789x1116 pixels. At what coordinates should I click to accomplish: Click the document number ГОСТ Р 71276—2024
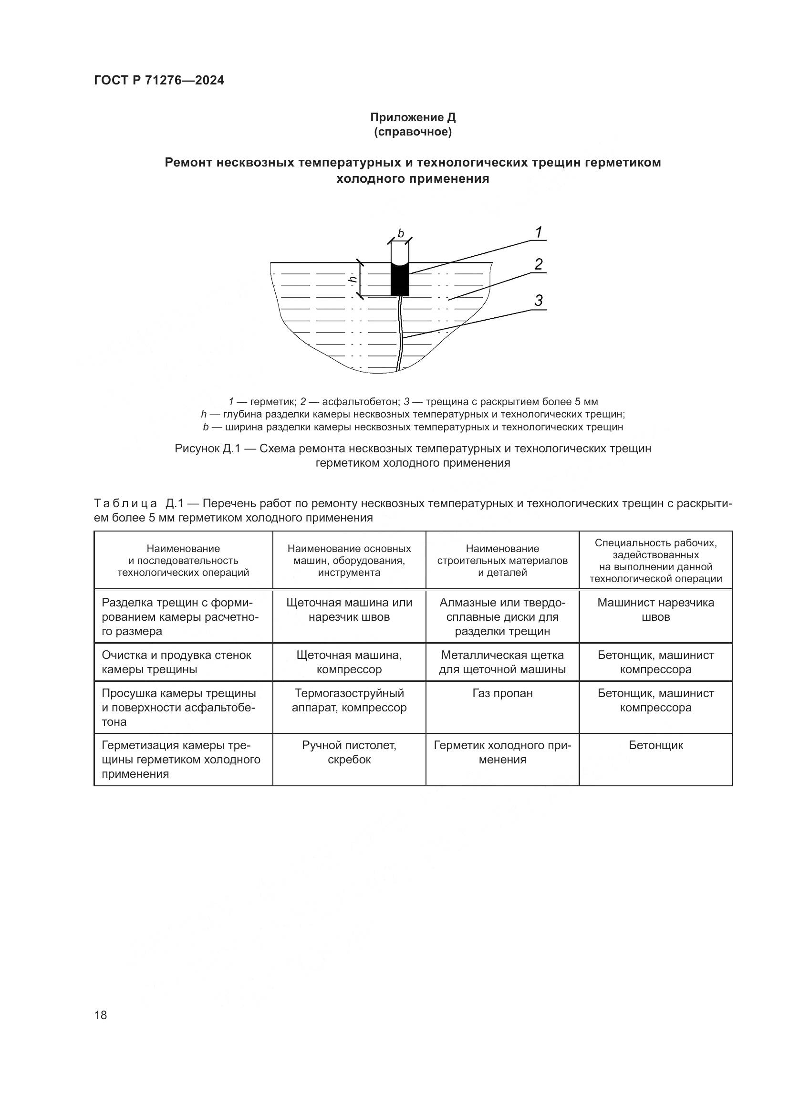[x=159, y=81]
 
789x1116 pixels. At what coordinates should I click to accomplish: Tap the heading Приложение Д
[x=413, y=117]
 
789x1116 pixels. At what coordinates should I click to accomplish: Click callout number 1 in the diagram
[x=538, y=233]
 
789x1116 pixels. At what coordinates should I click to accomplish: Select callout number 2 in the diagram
[x=538, y=264]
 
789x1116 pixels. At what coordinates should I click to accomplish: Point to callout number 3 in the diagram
[x=538, y=301]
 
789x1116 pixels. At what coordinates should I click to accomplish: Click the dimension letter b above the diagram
[x=401, y=234]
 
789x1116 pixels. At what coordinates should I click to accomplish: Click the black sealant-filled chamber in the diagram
[x=400, y=281]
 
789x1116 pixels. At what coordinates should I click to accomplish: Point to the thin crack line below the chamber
[x=400, y=335]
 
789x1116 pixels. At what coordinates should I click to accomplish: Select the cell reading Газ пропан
[x=502, y=693]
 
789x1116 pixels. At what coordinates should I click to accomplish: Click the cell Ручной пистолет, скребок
[x=349, y=752]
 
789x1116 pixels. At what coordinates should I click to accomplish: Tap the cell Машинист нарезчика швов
[x=655, y=609]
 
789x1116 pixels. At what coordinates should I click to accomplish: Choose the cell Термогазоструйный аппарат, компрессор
[x=349, y=700]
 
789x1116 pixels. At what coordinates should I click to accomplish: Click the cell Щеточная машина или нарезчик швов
[x=349, y=609]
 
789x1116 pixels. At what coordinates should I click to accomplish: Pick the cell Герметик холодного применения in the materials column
[x=502, y=752]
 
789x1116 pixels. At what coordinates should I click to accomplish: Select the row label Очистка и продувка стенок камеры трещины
[x=176, y=662]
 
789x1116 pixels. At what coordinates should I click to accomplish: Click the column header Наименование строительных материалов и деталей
[x=502, y=561]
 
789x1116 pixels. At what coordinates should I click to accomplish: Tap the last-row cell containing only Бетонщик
[x=655, y=745]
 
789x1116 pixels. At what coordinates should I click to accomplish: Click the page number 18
[x=101, y=1014]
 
